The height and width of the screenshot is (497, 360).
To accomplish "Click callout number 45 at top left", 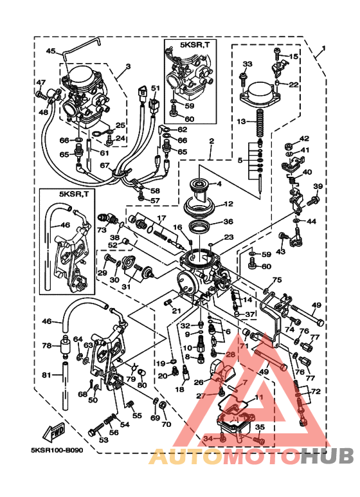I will pos(51,51).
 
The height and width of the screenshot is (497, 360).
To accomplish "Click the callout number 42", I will pos(305,139).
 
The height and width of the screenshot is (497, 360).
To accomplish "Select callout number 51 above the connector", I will pos(155,88).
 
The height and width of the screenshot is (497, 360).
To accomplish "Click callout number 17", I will pos(162,218).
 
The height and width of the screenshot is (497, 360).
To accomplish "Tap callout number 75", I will pos(276,280).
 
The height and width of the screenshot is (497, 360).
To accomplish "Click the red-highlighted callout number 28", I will pos(230,354).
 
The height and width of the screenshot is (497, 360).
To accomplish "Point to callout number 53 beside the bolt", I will pos(104,440).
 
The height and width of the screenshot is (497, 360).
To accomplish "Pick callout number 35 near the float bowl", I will pos(260,426).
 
